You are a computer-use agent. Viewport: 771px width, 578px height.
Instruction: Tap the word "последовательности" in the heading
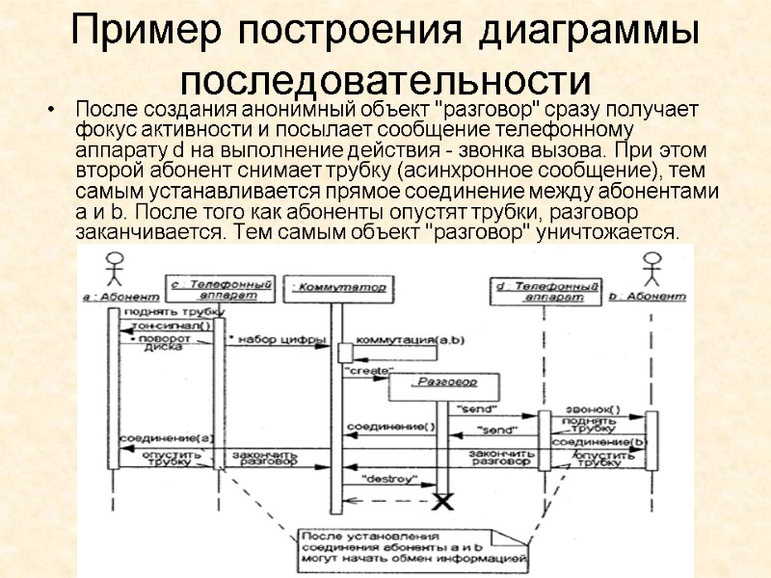[385, 78]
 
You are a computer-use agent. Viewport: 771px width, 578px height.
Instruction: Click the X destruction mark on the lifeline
[443, 501]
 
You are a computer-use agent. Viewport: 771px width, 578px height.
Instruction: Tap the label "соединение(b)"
[598, 441]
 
